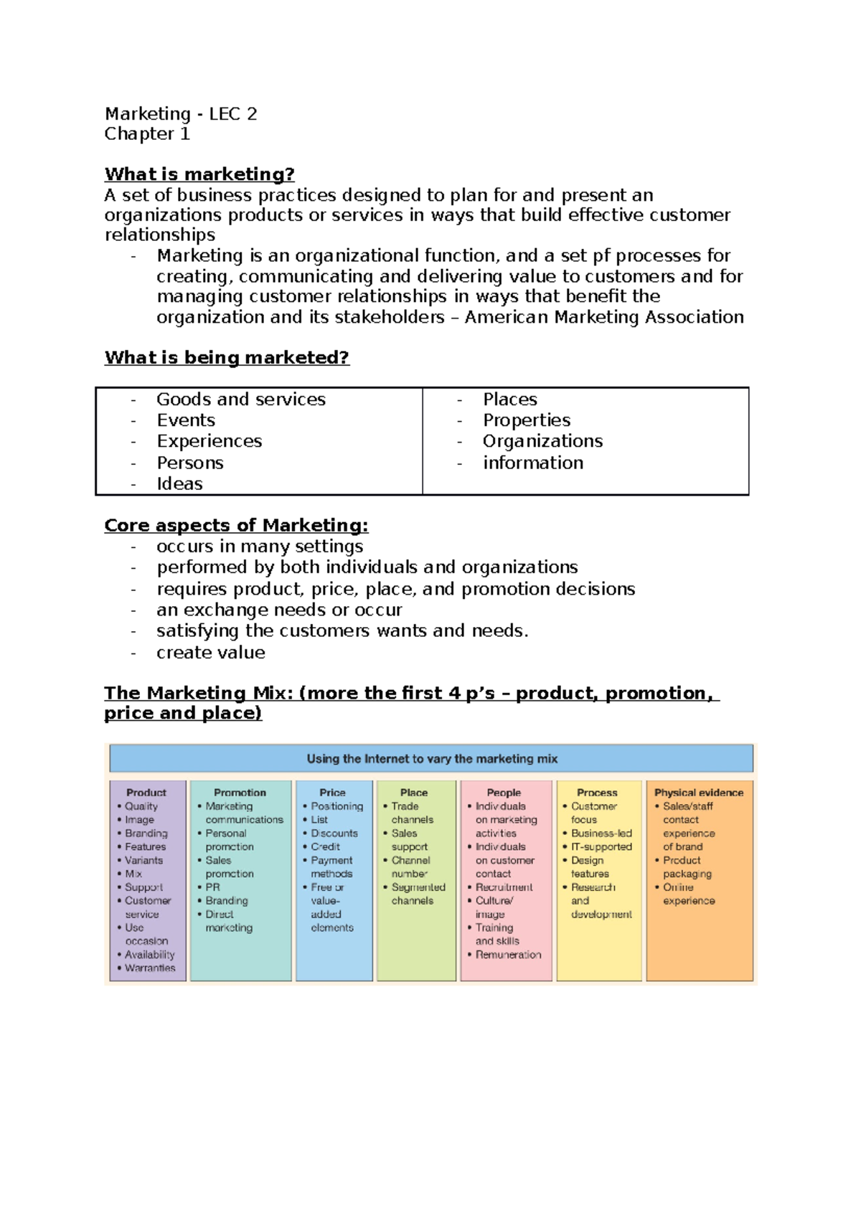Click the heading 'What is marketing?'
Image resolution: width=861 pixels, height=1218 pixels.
point(199,174)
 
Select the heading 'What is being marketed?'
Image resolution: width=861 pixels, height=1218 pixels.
point(227,357)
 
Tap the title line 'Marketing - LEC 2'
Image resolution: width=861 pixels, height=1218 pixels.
point(181,114)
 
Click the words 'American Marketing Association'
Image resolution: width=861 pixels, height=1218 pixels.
point(604,317)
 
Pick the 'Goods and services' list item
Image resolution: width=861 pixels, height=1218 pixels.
point(241,400)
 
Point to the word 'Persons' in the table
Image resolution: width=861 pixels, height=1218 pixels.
point(190,463)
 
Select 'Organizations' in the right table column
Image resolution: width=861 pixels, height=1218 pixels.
point(542,441)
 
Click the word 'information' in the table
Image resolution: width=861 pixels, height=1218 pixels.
point(533,463)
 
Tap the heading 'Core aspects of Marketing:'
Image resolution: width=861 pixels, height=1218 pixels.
point(236,525)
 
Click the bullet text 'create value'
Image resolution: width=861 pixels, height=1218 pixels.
point(211,652)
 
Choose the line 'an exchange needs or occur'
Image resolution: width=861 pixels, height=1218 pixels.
point(279,610)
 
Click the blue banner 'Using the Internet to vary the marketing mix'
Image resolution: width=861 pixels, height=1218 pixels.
point(432,758)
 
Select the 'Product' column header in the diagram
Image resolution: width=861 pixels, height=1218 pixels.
point(146,793)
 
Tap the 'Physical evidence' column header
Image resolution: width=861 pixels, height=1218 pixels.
point(699,793)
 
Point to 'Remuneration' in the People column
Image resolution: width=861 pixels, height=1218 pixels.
point(508,955)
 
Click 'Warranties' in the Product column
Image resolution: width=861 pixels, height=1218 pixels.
point(150,968)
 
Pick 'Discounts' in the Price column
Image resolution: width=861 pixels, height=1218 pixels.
point(334,834)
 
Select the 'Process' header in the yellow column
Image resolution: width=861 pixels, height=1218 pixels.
point(597,793)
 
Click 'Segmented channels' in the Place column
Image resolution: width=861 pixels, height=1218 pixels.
point(418,894)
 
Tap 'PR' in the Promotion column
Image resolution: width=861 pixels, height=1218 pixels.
point(213,887)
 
